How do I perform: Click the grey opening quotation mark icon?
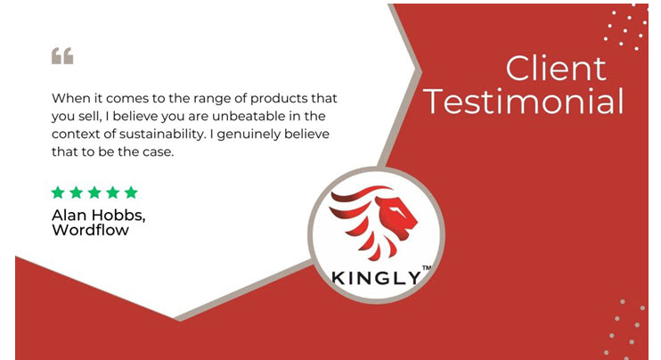coord(62,56)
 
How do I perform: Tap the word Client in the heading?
coord(556,69)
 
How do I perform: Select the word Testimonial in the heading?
coord(525,102)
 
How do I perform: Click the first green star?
coord(58,192)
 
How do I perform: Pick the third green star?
coord(94,192)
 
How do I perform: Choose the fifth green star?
coord(131,192)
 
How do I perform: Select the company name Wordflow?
coord(90,230)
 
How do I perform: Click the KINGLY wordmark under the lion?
coord(376,278)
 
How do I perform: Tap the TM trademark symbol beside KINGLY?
coord(426,267)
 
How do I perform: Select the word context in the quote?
coord(69,135)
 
